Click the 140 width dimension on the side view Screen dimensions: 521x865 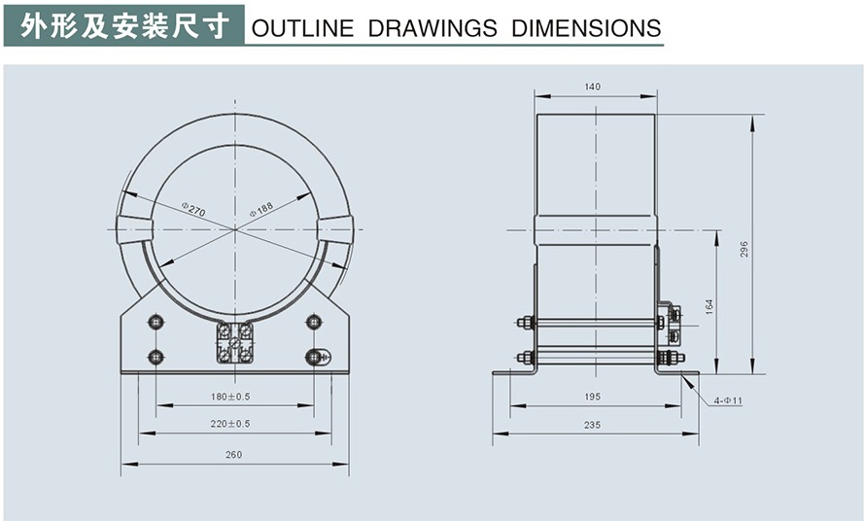click(593, 87)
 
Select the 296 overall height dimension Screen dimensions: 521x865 click(744, 249)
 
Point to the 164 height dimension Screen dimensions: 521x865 click(709, 306)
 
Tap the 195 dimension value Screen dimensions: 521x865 click(593, 397)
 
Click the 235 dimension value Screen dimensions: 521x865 click(593, 425)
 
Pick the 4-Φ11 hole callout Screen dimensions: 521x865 click(725, 400)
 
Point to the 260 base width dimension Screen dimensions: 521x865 click(233, 454)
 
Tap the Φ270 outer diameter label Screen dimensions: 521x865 click(193, 209)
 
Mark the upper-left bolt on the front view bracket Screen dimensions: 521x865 click(156, 322)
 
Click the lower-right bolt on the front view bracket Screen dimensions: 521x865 click(314, 357)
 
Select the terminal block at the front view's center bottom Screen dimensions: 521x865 click(234, 343)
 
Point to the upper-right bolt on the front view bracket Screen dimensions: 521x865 click(314, 322)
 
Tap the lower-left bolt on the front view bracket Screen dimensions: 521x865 click(156, 357)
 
